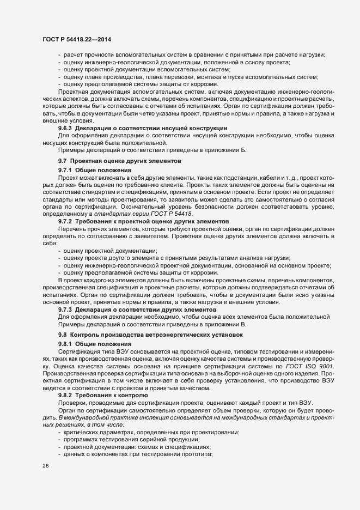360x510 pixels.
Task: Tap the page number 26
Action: [x=45, y=466]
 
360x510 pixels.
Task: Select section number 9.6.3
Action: [x=66, y=127]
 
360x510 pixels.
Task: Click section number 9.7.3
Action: [x=66, y=309]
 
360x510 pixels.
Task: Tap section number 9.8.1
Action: [x=66, y=344]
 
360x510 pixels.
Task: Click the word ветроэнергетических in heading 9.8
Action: [x=178, y=335]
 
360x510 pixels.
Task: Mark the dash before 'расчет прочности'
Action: [x=59, y=55]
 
